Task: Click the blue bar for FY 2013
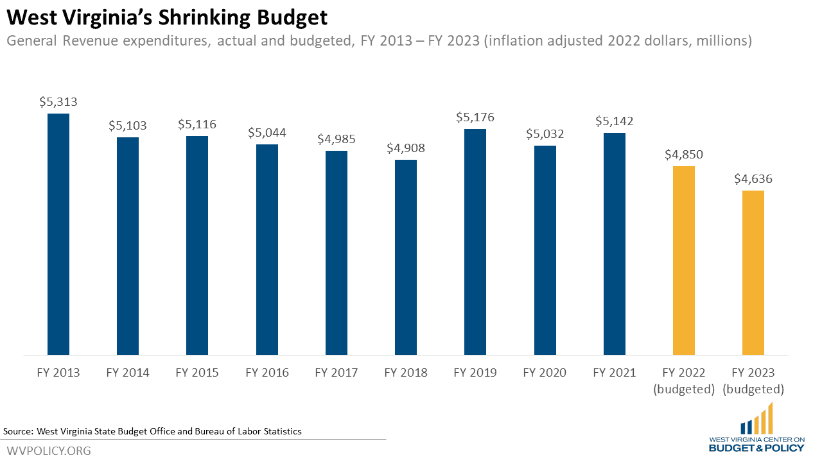(58, 234)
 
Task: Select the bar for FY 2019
(475, 242)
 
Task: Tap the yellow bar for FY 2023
(753, 273)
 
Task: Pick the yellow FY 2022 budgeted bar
(684, 261)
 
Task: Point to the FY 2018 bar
(406, 257)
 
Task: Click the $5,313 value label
(58, 101)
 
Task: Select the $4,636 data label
(753, 178)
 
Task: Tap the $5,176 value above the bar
(475, 117)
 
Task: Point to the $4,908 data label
(406, 148)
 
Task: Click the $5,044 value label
(267, 132)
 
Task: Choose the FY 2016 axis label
(267, 373)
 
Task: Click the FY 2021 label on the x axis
(615, 373)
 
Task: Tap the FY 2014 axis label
(128, 373)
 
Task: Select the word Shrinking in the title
(204, 17)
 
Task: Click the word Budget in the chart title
(292, 17)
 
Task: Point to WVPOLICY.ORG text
(49, 450)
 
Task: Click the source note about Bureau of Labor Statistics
(152, 431)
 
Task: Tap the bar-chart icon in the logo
(756, 418)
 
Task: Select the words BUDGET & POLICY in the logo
(756, 448)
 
